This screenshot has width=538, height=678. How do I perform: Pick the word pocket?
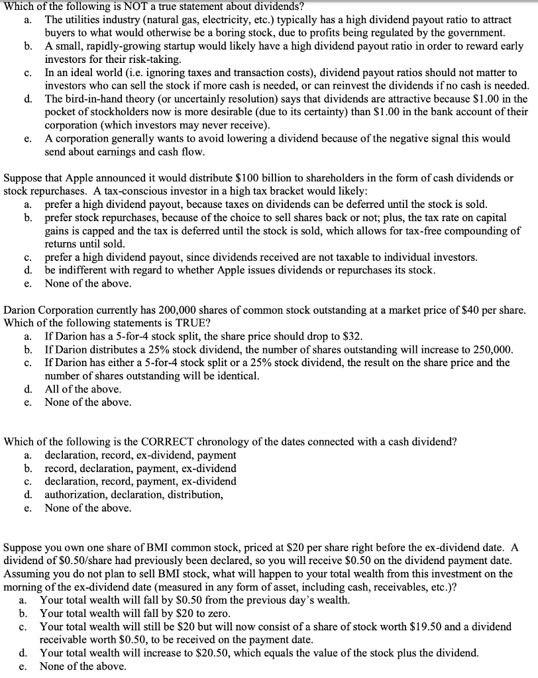[62, 113]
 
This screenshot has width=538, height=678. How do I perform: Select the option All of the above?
[82, 389]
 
